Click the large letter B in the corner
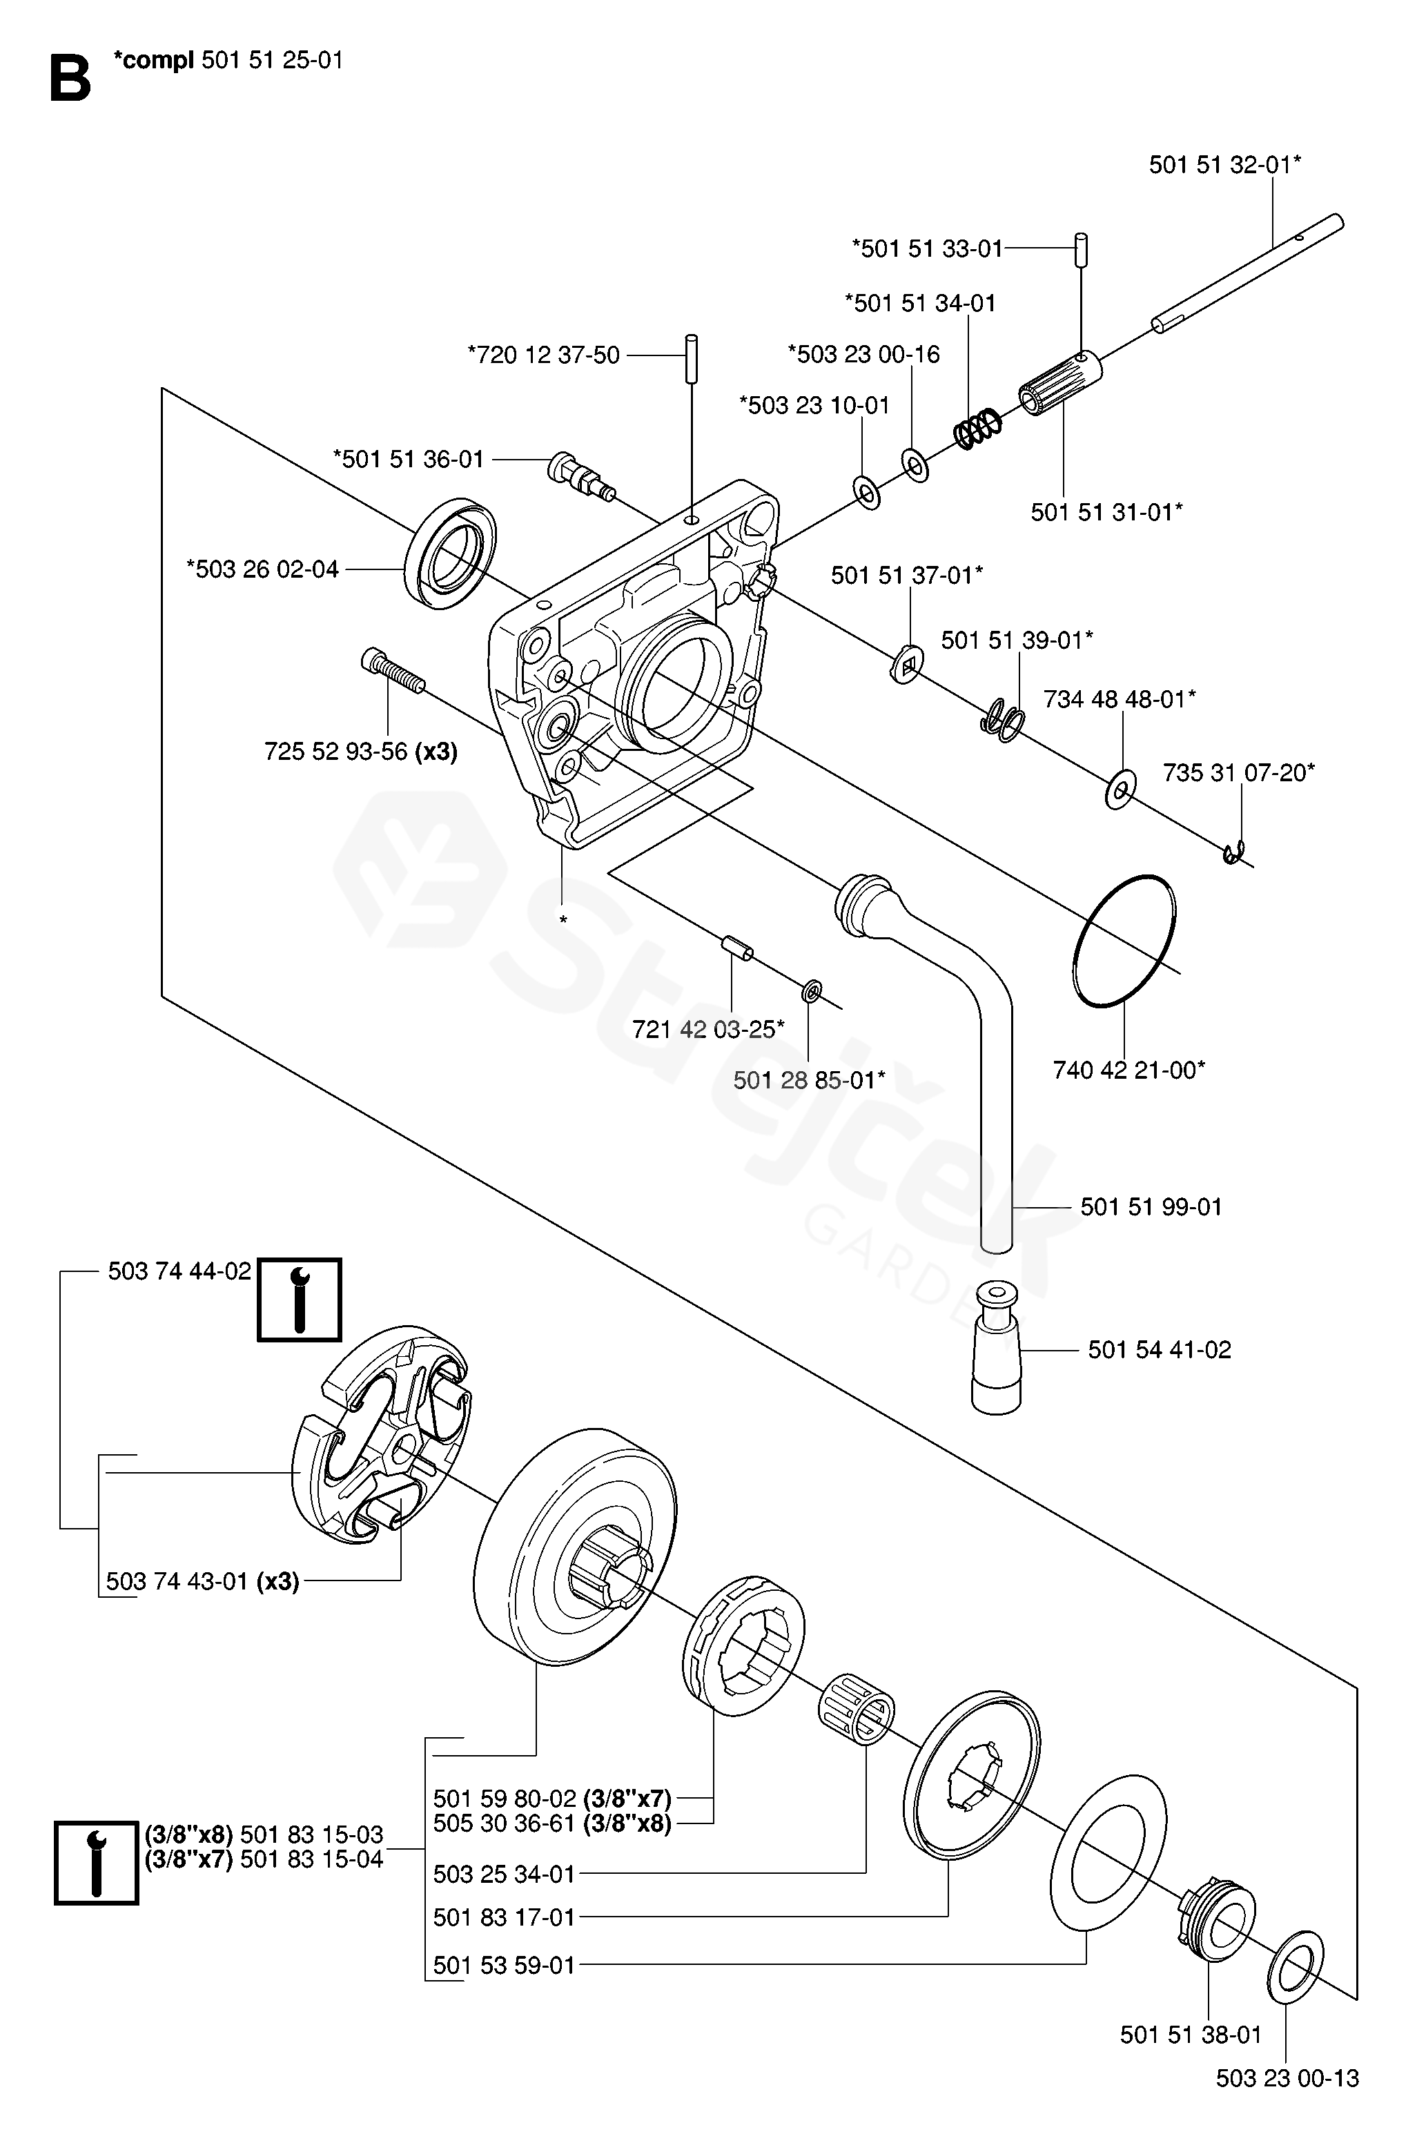70,79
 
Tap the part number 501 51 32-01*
1224,166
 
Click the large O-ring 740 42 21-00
1124,939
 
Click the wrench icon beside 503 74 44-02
299,1299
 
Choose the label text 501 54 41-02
1160,1350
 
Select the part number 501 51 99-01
1151,1207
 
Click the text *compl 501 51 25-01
228,61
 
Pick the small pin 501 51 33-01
1081,249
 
